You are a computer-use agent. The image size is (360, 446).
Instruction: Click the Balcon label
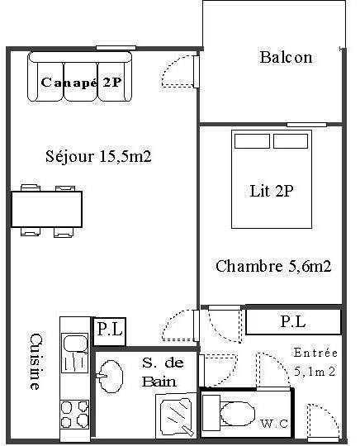pyautogui.click(x=286, y=57)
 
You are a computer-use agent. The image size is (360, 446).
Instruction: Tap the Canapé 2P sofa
pyautogui.click(x=79, y=76)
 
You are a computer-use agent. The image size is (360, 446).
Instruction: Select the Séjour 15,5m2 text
pyautogui.click(x=98, y=156)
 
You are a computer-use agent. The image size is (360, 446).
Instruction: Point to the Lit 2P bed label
pyautogui.click(x=272, y=191)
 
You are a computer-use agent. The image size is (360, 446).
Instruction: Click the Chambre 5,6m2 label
pyautogui.click(x=273, y=266)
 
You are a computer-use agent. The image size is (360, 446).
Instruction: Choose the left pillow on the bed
pyautogui.click(x=252, y=141)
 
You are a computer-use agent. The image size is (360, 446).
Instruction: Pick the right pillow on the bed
pyautogui.click(x=291, y=141)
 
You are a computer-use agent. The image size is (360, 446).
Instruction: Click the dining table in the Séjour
pyautogui.click(x=46, y=209)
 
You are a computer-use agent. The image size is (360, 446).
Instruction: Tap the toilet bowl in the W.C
pyautogui.click(x=238, y=414)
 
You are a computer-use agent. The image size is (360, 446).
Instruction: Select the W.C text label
pyautogui.click(x=274, y=424)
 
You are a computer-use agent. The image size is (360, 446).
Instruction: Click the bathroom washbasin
pyautogui.click(x=111, y=376)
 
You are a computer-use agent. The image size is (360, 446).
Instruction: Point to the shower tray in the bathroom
pyautogui.click(x=176, y=415)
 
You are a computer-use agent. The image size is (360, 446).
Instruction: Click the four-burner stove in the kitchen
pyautogui.click(x=75, y=414)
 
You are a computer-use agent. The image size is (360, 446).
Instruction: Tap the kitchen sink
pyautogui.click(x=75, y=353)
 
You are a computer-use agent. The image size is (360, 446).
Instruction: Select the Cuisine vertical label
pyautogui.click(x=36, y=362)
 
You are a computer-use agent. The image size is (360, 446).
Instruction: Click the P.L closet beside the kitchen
pyautogui.click(x=110, y=331)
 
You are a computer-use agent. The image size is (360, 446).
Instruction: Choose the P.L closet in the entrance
pyautogui.click(x=293, y=322)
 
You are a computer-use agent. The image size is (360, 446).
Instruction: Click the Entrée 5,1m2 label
pyautogui.click(x=315, y=362)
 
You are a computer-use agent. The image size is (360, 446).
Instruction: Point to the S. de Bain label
pyautogui.click(x=163, y=372)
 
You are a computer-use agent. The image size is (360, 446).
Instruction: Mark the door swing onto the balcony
pyautogui.click(x=180, y=71)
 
